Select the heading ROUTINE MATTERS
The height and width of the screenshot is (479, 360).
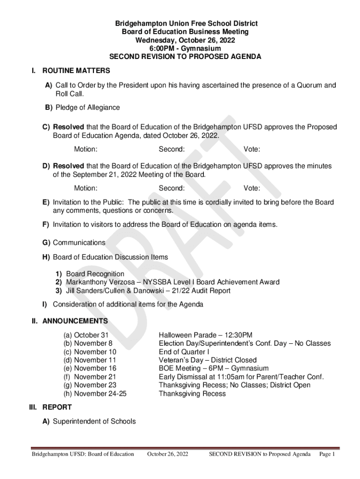pyautogui.click(x=76, y=71)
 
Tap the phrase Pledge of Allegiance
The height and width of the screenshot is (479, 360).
pyautogui.click(x=87, y=108)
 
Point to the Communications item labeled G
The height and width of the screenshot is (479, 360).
pyautogui.click(x=79, y=243)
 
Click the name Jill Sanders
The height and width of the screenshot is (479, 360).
pyautogui.click(x=87, y=290)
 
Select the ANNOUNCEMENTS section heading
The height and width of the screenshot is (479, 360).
pyautogui.click(x=75, y=321)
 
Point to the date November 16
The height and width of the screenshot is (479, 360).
pyautogui.click(x=95, y=369)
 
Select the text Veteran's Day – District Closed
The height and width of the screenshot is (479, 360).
pyautogui.click(x=208, y=360)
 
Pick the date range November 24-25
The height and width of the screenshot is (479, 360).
pyautogui.click(x=100, y=394)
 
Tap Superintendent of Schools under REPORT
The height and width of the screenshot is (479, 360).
pyautogui.click(x=94, y=421)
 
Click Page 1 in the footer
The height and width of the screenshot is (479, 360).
pyautogui.click(x=327, y=454)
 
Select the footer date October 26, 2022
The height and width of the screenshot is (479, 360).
pyautogui.click(x=167, y=454)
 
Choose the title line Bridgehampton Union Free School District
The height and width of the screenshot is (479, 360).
pyautogui.click(x=180, y=23)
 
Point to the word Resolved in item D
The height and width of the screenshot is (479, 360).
pyautogui.click(x=69, y=166)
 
